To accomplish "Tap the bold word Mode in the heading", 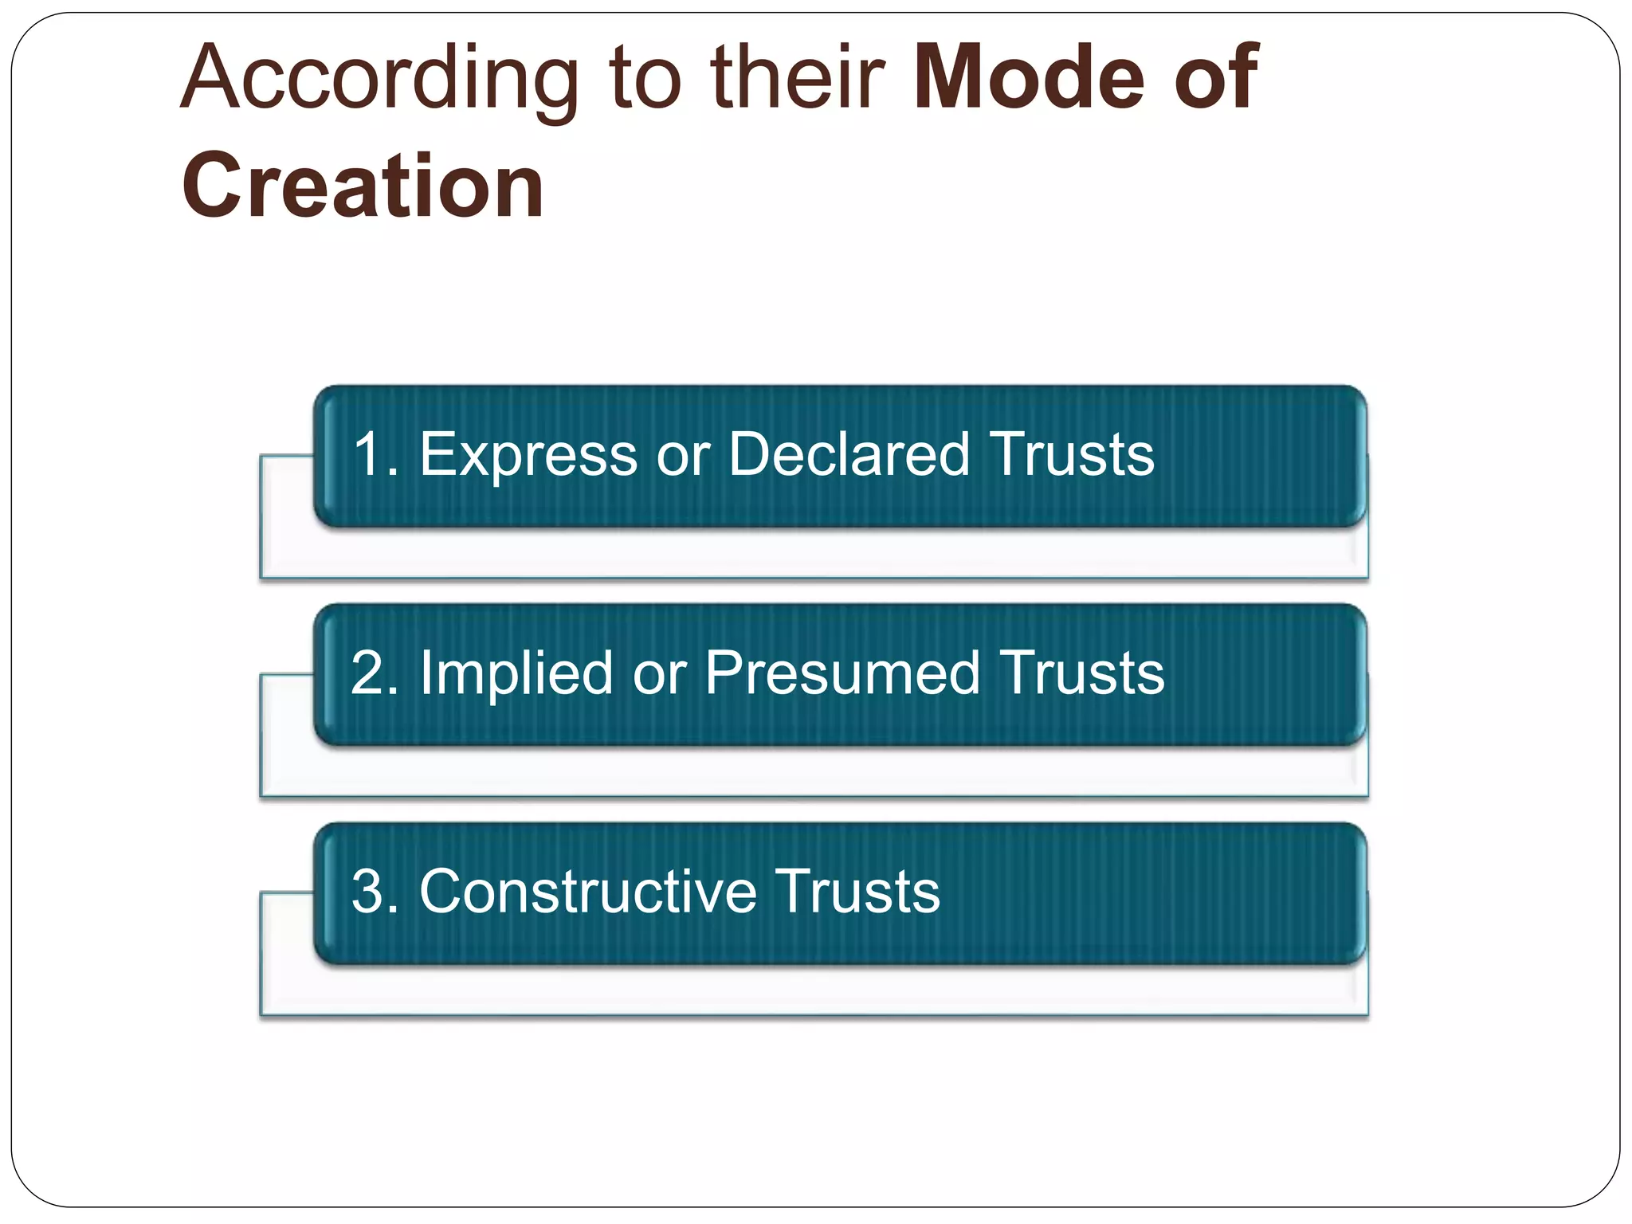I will click(x=1029, y=77).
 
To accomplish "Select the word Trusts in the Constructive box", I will click(x=857, y=892).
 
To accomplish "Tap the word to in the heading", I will click(x=645, y=80).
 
